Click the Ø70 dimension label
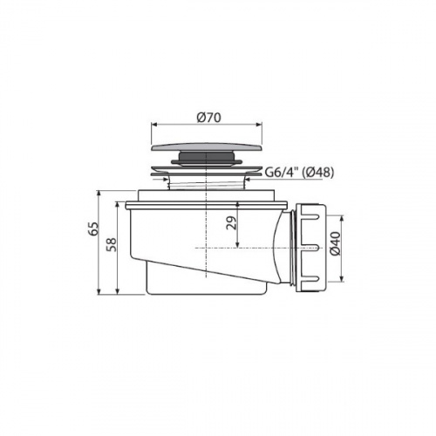tap(208, 118)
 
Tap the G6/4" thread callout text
tap(283, 173)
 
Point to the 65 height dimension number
tap(94, 228)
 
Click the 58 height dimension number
tap(112, 244)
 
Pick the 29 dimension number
tap(232, 223)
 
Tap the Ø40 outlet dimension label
tap(335, 243)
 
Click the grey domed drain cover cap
tap(207, 147)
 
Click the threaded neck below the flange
tap(207, 185)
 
